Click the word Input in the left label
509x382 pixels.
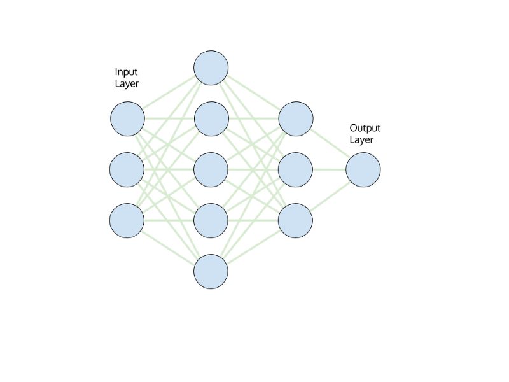(x=126, y=72)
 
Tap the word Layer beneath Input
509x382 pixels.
(x=127, y=84)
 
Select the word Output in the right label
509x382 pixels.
(x=365, y=128)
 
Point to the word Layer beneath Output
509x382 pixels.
(x=361, y=140)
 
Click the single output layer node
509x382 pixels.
(x=363, y=170)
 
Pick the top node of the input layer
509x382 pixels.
(x=127, y=118)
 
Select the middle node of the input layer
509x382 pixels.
(x=127, y=170)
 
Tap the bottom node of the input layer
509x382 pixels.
(x=127, y=221)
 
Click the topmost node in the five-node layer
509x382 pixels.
(x=211, y=67)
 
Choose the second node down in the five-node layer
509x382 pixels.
(x=211, y=118)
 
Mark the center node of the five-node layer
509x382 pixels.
(x=211, y=170)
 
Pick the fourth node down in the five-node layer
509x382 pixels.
(x=211, y=221)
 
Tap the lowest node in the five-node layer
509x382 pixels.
(x=211, y=272)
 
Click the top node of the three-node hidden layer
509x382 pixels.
(x=296, y=118)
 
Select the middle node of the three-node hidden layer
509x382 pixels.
(x=296, y=170)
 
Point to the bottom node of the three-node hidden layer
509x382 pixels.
(x=296, y=221)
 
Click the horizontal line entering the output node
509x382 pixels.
(x=330, y=170)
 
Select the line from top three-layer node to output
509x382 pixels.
(x=330, y=145)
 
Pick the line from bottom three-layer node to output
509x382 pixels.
(x=330, y=195)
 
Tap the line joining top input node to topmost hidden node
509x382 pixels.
(x=169, y=93)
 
